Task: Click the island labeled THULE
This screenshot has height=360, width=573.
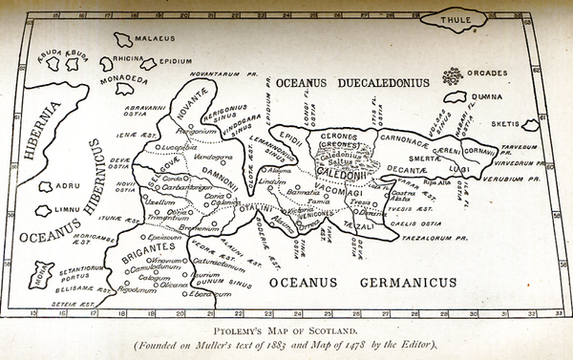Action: click(x=456, y=19)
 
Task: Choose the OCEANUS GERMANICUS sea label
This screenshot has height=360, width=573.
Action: click(x=362, y=283)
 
